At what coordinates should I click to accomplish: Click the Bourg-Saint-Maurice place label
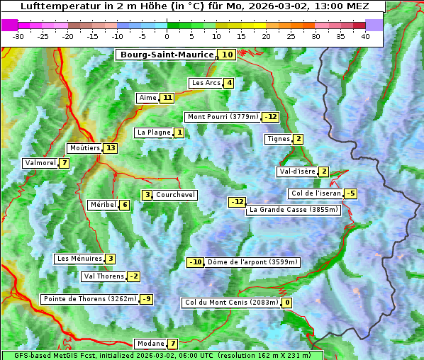click(167, 55)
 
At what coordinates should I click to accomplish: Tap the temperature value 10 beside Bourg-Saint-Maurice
click(227, 55)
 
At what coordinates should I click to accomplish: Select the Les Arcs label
click(206, 83)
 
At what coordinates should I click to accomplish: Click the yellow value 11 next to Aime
click(167, 98)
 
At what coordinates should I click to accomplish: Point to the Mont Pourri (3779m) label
click(223, 117)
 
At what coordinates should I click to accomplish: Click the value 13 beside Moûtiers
click(110, 148)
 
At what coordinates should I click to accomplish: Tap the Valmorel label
click(40, 163)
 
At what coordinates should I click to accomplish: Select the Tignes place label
click(278, 139)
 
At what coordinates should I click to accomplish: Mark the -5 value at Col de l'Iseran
click(350, 193)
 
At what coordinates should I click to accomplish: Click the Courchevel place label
click(175, 195)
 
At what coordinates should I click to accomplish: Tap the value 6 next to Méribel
click(125, 205)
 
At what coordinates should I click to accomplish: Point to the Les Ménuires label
click(79, 259)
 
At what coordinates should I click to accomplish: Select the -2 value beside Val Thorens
click(133, 276)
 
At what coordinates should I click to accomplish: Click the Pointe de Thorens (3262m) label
click(89, 299)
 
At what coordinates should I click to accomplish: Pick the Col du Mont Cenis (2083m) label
click(231, 303)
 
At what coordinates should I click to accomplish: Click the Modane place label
click(150, 344)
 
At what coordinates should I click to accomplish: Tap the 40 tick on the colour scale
click(365, 36)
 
